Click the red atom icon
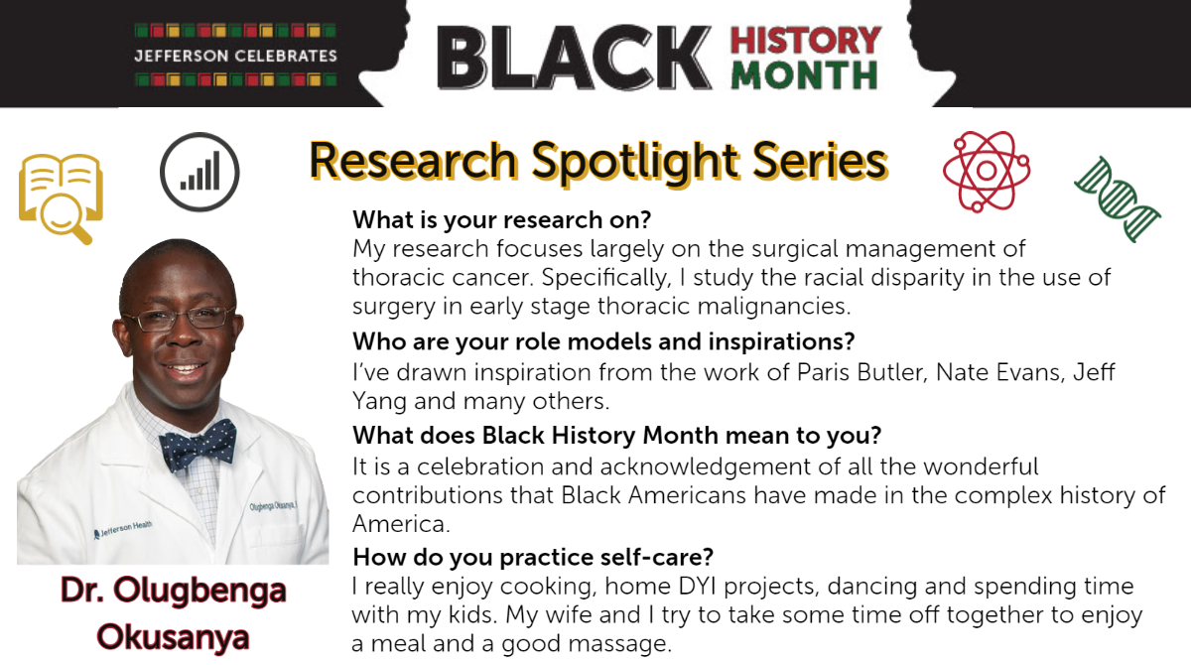coord(987,171)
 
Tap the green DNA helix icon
coord(1118,199)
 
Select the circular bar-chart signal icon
coord(199,173)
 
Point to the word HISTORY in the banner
coord(806,41)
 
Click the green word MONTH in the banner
coord(804,75)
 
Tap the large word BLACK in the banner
coord(575,58)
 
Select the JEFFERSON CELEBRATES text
coord(235,56)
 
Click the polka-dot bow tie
coord(198,446)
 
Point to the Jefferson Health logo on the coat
coord(123,529)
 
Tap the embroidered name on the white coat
coord(273,505)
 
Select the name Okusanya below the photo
coord(173,637)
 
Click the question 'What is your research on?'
coord(502,219)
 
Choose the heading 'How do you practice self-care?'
coord(533,557)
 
